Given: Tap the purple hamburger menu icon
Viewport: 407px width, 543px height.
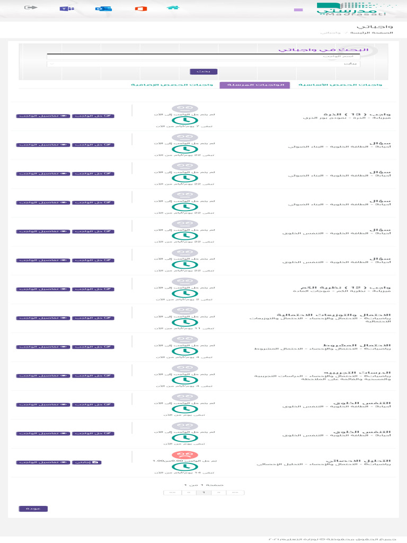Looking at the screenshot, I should [298, 10].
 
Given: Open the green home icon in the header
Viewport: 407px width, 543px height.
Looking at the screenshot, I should [172, 8].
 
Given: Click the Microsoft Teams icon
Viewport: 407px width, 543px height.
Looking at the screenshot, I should [66, 9].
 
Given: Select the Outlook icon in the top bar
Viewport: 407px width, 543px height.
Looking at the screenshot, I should [100, 9].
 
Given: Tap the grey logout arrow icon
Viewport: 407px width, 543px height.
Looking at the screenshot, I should [31, 8].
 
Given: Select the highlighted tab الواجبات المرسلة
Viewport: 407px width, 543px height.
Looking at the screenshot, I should [255, 85].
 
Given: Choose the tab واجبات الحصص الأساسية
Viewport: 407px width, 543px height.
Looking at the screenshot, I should [340, 85].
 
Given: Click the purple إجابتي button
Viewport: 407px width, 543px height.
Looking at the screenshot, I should [86, 462].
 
